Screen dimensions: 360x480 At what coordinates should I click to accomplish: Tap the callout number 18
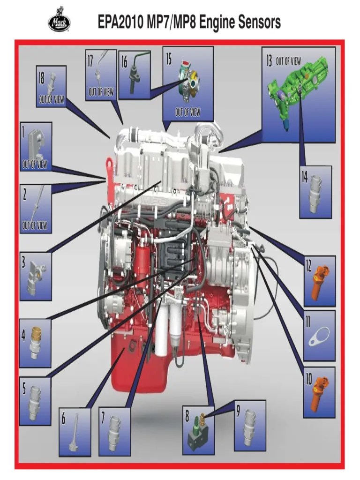click(x=41, y=78)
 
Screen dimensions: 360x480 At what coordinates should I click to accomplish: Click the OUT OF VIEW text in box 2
click(x=34, y=225)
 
